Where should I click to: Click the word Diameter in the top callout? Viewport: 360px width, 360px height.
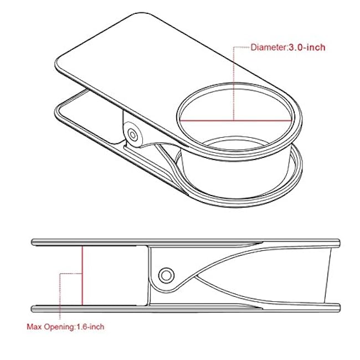(x=268, y=48)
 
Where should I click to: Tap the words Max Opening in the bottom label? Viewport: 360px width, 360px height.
(x=50, y=327)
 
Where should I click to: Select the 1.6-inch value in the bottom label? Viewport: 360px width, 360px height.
(x=89, y=327)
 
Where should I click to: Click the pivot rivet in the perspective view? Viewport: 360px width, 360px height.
(x=132, y=135)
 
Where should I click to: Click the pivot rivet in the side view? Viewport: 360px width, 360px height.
(x=164, y=274)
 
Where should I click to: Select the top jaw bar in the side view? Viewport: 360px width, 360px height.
(x=183, y=242)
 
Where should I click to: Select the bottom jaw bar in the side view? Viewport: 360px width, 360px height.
(x=183, y=307)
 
